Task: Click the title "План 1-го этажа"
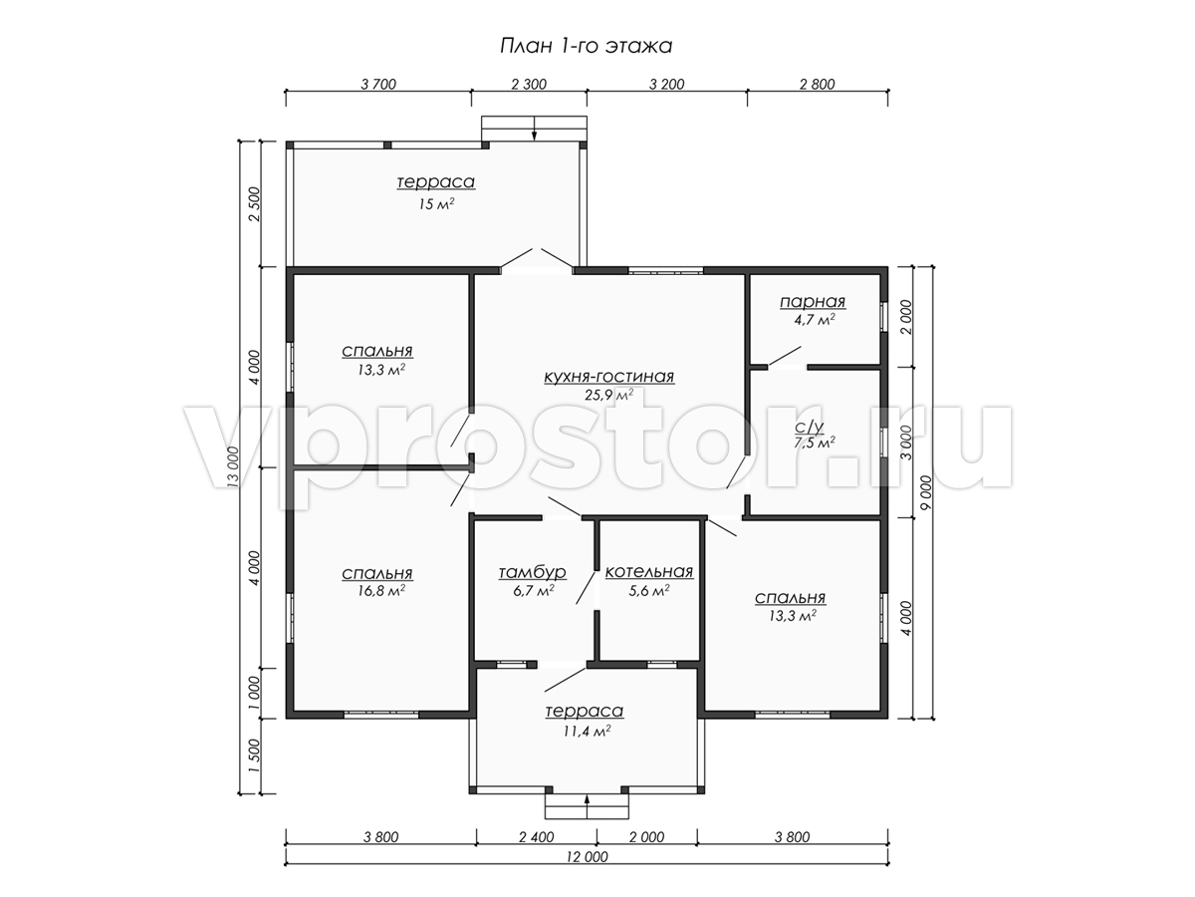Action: point(586,46)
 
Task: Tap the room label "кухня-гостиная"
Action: point(609,377)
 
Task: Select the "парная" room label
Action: point(813,302)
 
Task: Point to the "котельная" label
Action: point(649,572)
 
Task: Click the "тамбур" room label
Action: point(533,572)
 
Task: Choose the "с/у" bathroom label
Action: point(810,426)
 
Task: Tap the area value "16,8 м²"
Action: point(381,591)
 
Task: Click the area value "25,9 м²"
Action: point(609,395)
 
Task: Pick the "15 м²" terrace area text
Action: point(436,204)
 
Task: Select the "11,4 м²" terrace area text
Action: point(587,731)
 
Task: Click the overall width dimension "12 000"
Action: point(587,857)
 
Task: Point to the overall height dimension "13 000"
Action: point(233,467)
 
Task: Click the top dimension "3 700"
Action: point(378,85)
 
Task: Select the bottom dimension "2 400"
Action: point(536,836)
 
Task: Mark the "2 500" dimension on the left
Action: point(254,204)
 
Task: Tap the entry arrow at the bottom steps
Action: point(587,806)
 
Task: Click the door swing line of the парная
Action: point(785,356)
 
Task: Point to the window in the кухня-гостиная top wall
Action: point(666,269)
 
